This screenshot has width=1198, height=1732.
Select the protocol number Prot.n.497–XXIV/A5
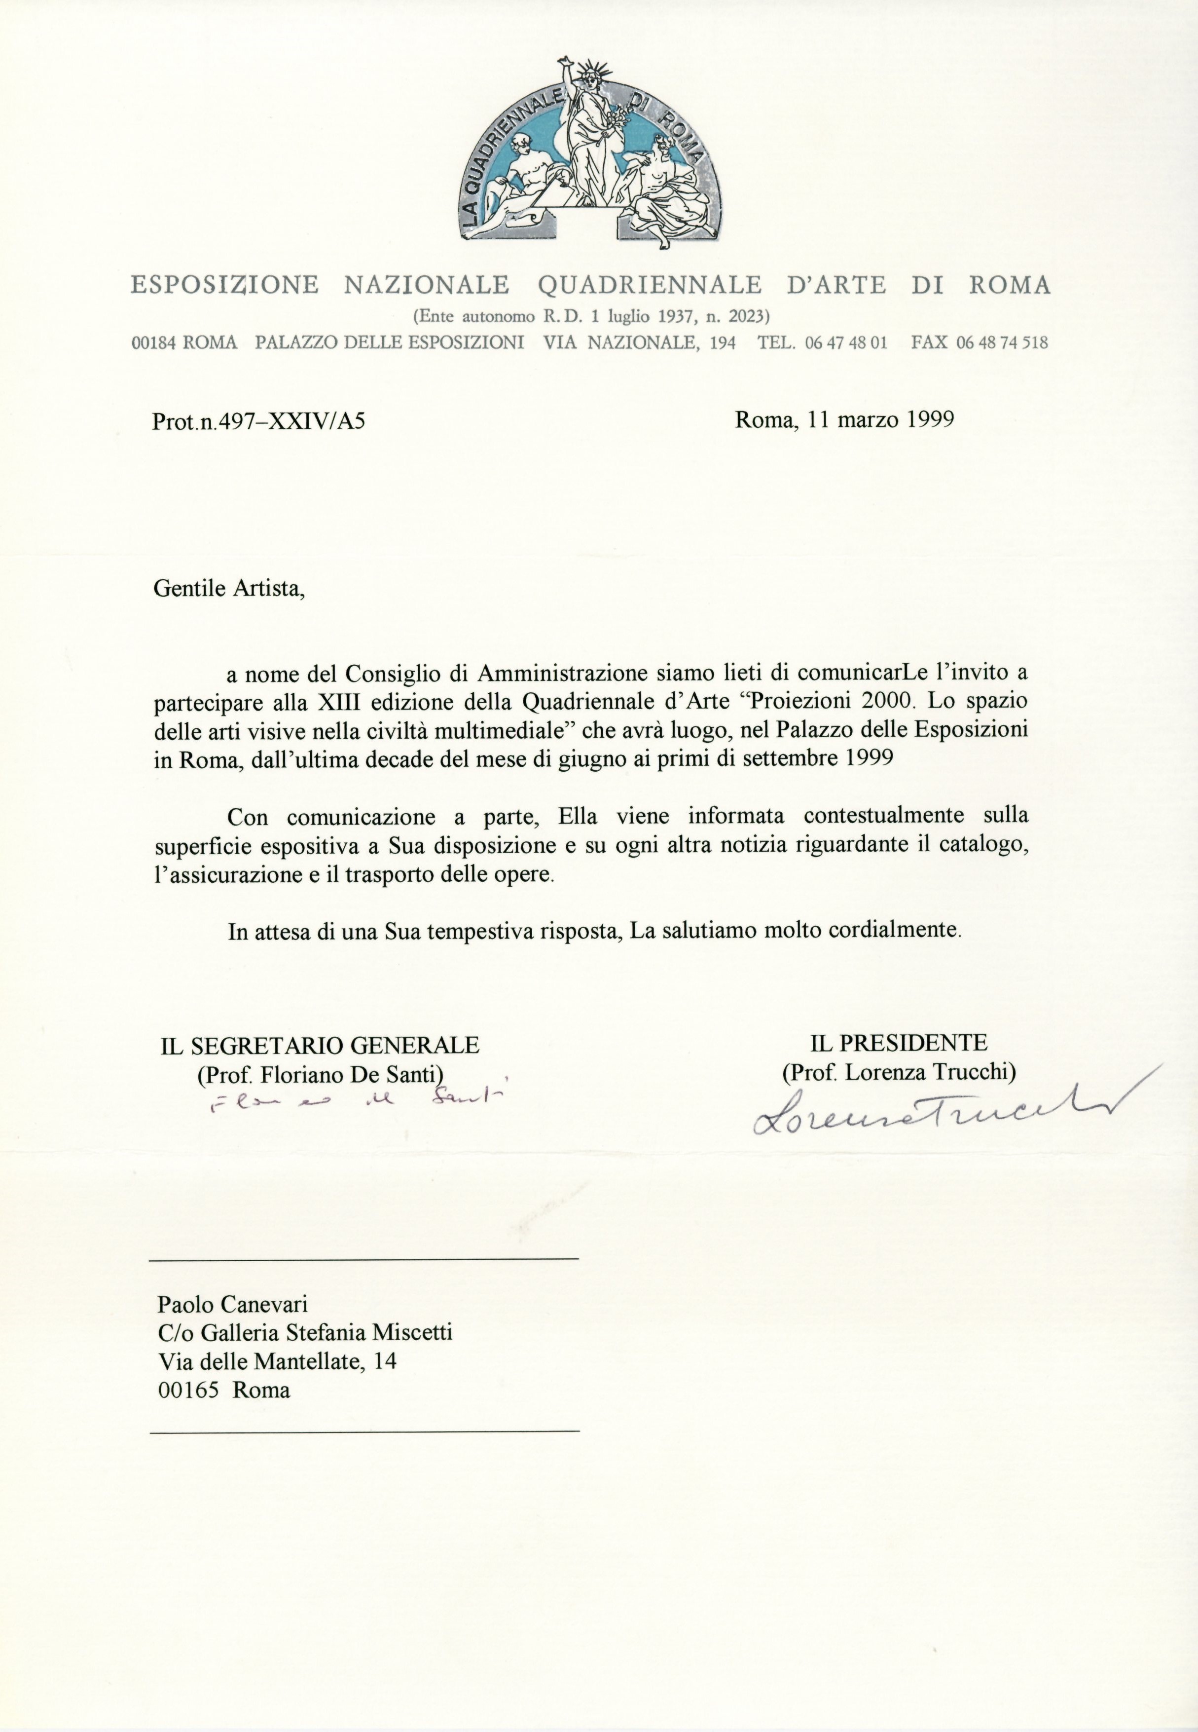[259, 422]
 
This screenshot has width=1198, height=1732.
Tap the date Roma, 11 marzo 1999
[844, 419]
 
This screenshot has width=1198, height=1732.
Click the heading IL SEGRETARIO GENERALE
[320, 1046]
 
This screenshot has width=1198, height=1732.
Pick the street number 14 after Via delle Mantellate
[385, 1360]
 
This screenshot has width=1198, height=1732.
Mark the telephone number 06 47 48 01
[846, 343]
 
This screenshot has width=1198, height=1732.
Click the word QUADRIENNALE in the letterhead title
[650, 285]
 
